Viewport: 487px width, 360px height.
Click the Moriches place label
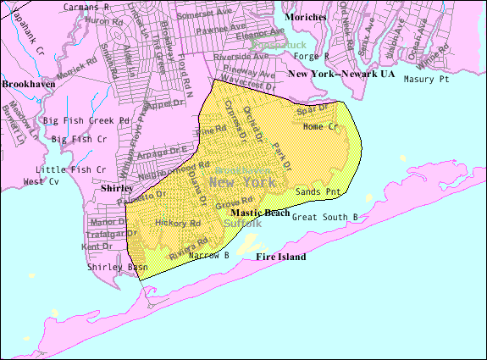[306, 16]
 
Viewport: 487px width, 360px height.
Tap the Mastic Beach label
[260, 212]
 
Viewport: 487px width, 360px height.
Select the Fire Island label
[280, 257]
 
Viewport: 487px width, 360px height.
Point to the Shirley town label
[117, 189]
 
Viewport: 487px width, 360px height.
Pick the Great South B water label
[324, 218]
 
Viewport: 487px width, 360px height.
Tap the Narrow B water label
[208, 255]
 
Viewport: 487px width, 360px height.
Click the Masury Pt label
[424, 79]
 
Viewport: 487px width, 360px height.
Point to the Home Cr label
[320, 127]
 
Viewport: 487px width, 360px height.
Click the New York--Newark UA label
[341, 75]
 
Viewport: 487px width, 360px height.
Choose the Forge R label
[311, 56]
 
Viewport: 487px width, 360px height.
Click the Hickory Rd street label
[177, 224]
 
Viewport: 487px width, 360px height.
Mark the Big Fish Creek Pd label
[86, 121]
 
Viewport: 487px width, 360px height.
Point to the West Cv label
[41, 181]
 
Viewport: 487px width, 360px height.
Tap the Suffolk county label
[243, 223]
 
